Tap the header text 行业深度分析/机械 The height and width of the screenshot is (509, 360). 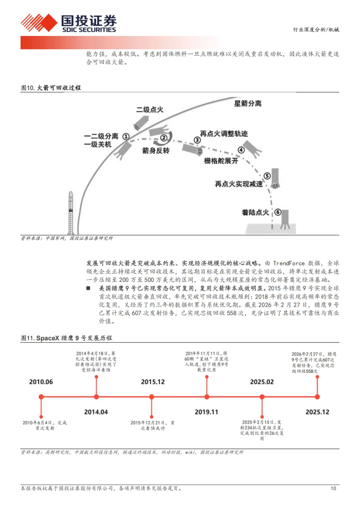(316, 30)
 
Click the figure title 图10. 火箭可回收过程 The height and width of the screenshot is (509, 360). (51, 88)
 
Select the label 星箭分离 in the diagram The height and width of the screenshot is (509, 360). (248, 103)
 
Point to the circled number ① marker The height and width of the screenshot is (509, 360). (126, 136)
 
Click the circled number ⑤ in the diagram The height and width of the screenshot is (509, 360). (267, 176)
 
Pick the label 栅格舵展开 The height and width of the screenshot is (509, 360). (221, 161)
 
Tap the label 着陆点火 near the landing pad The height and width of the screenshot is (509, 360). (255, 212)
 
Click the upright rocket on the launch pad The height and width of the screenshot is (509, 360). (71, 213)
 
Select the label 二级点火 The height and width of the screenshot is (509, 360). (150, 110)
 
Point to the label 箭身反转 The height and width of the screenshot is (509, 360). (156, 151)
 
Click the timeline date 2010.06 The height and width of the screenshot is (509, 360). (41, 382)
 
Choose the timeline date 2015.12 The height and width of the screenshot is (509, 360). (153, 382)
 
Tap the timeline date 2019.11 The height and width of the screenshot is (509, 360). (206, 412)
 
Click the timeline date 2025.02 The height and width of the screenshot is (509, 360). (262, 382)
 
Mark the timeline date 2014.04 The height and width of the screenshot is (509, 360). (96, 412)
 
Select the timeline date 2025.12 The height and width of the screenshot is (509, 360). (317, 412)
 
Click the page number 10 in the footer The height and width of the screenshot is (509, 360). (333, 488)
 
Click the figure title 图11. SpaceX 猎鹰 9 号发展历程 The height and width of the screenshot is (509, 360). (67, 338)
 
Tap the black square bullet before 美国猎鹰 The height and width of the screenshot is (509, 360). (88, 288)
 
